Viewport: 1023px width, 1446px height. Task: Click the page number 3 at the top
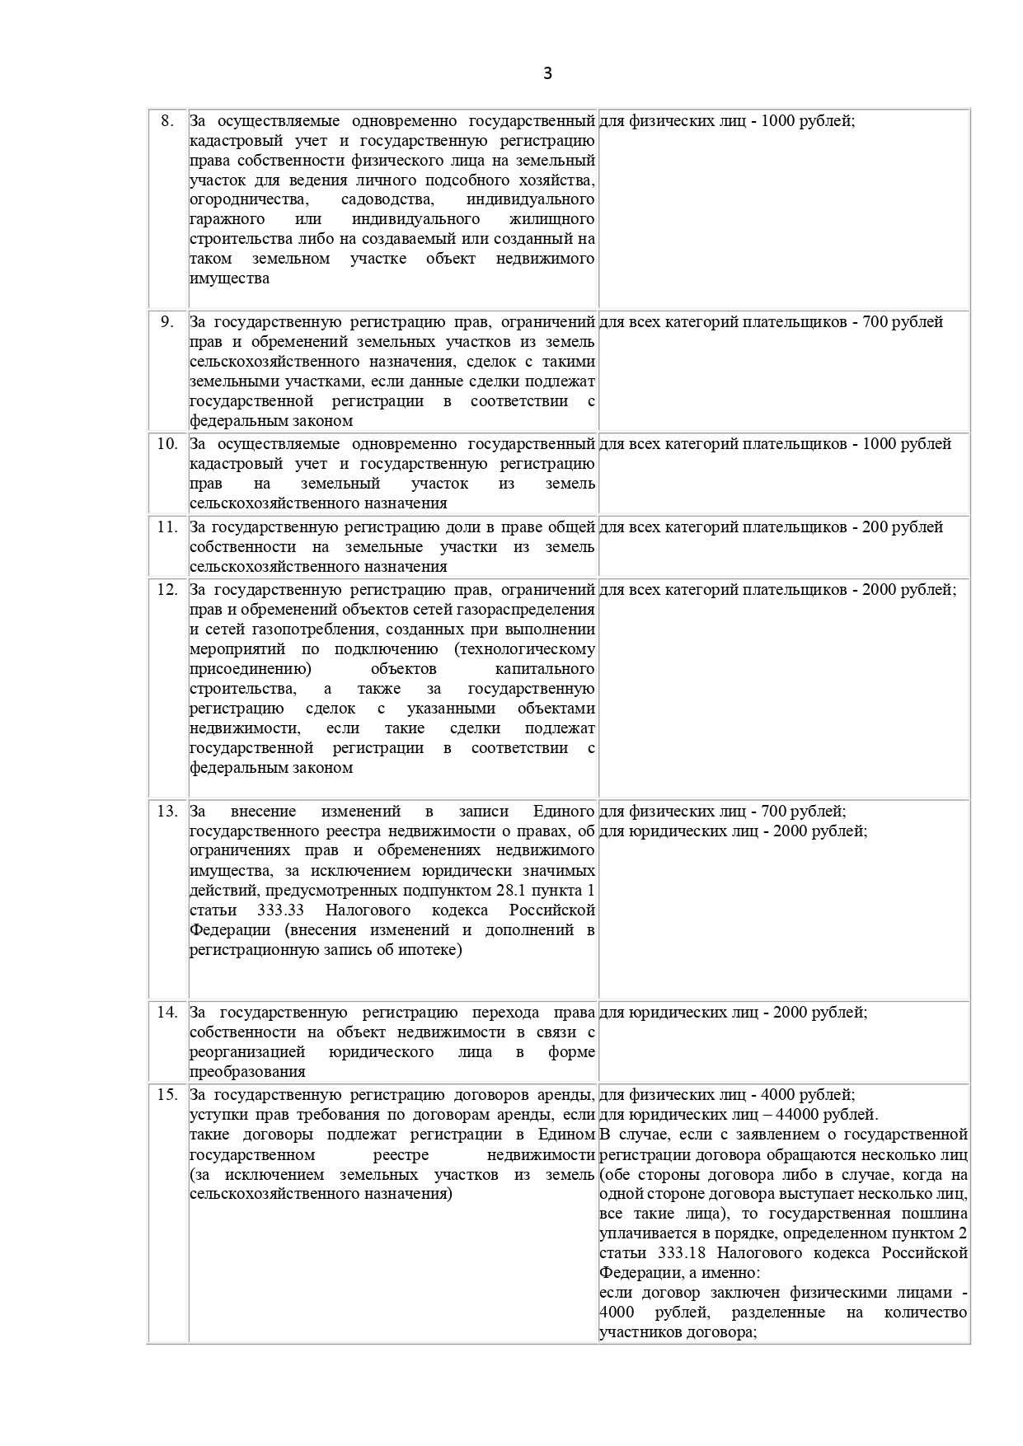(548, 73)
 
